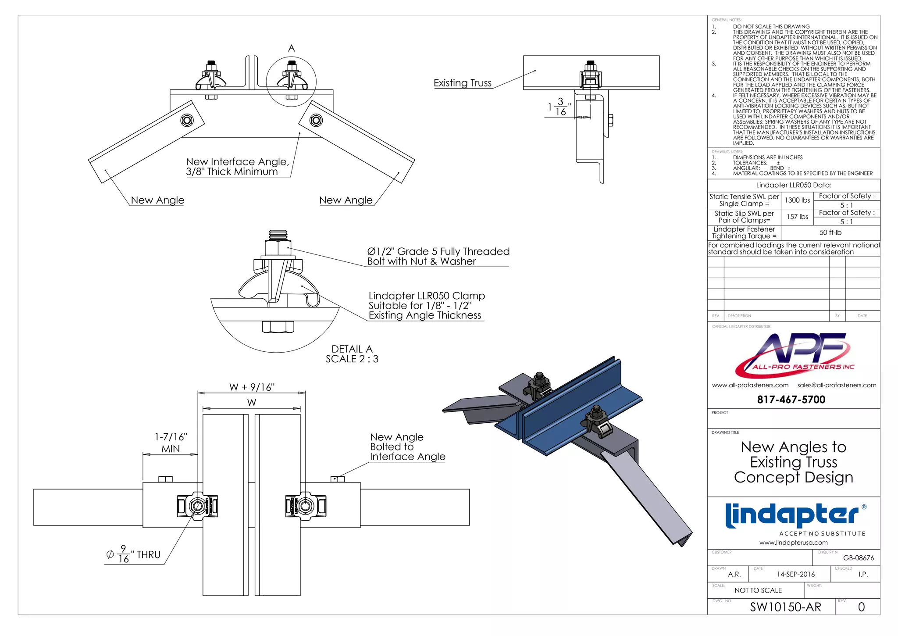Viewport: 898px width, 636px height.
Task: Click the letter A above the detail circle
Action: tap(292, 48)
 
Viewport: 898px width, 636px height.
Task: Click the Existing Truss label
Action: tap(462, 83)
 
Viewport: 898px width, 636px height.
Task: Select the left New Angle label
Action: tap(157, 200)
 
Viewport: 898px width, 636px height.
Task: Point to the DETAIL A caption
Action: tap(352, 349)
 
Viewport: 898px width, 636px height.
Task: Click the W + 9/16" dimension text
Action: tap(252, 387)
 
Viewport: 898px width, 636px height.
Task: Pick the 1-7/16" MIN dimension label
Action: tap(171, 443)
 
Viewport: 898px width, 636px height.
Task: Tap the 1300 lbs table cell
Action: tap(797, 200)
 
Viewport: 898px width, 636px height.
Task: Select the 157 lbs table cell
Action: tap(797, 217)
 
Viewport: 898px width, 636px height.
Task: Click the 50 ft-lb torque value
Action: tap(830, 232)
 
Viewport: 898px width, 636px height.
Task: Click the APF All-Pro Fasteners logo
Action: tap(794, 354)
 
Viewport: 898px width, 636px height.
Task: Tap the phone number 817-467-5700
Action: tap(791, 400)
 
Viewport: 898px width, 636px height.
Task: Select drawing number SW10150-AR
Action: tap(785, 607)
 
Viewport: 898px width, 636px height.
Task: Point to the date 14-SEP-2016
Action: tap(795, 574)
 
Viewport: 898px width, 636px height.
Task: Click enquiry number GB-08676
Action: tap(858, 558)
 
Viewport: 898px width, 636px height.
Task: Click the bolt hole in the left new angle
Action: tap(187, 120)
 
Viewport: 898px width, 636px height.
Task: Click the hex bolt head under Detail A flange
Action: tap(278, 327)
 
